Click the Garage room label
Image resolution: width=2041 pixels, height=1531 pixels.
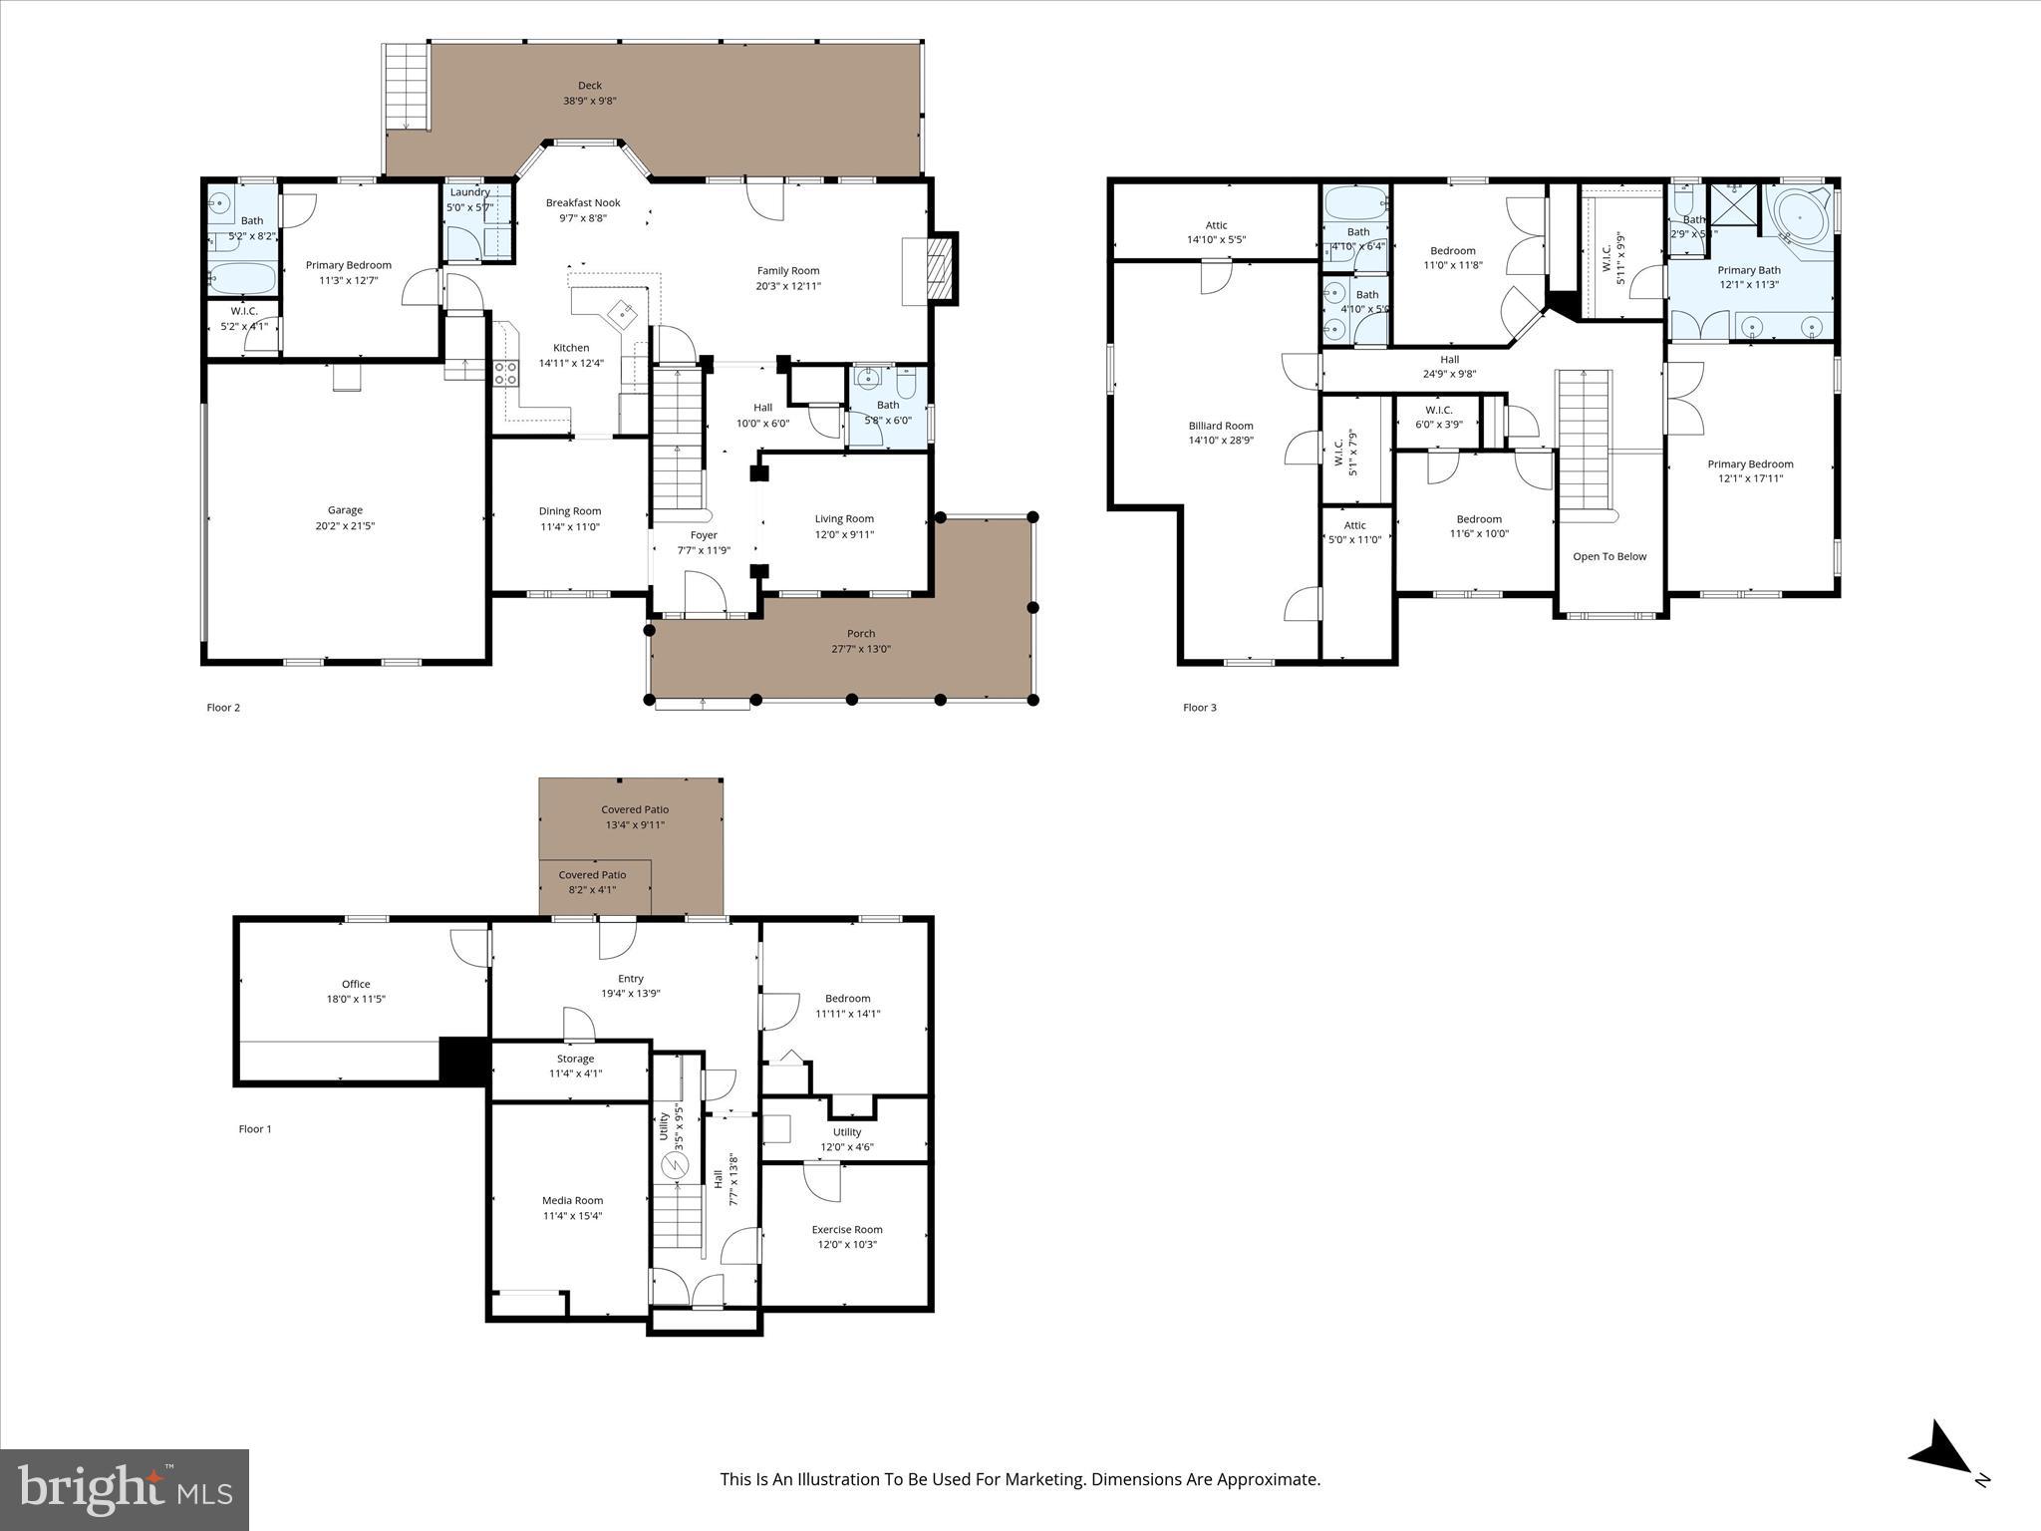click(345, 510)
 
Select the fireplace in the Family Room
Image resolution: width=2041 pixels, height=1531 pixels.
click(936, 268)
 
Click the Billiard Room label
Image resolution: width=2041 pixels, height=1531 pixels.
click(1220, 426)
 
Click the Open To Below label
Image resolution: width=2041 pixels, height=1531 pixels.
click(1609, 556)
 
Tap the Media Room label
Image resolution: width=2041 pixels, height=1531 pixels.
click(572, 1200)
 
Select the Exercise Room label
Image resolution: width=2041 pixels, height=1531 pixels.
click(846, 1229)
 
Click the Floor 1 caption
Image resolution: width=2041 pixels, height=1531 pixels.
click(255, 1129)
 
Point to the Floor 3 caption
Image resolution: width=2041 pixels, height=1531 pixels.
click(1199, 708)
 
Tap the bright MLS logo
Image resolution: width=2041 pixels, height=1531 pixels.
click(125, 1489)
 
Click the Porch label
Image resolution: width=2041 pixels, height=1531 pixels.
click(861, 633)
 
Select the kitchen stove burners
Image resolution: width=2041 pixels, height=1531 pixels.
click(505, 374)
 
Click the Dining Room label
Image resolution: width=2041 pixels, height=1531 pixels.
click(570, 511)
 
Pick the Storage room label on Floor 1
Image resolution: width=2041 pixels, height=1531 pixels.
click(575, 1059)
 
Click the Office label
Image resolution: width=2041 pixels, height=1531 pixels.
click(356, 984)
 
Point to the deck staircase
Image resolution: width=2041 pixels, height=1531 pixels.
click(406, 86)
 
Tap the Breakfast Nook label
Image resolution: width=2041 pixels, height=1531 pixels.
click(583, 202)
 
